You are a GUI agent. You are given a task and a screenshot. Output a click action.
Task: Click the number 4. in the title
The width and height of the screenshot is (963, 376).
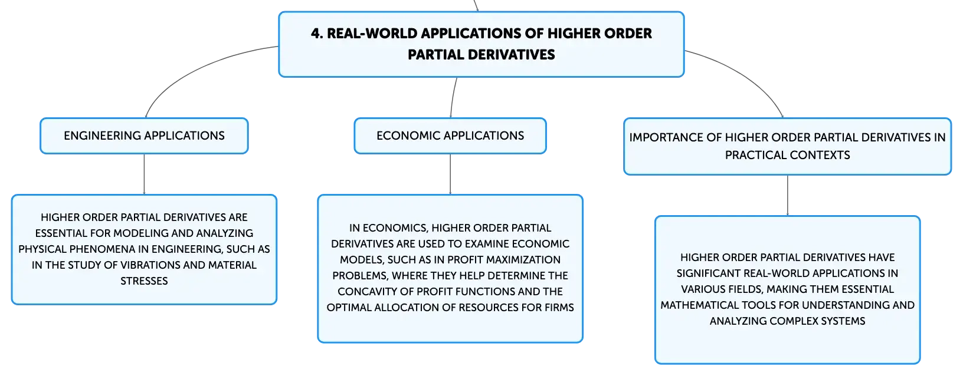(317, 34)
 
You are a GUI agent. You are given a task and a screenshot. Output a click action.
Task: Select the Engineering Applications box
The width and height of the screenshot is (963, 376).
(144, 136)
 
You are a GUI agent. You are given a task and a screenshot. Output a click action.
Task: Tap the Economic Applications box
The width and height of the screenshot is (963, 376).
(450, 136)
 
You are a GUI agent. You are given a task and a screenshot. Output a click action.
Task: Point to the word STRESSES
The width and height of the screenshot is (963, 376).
(144, 281)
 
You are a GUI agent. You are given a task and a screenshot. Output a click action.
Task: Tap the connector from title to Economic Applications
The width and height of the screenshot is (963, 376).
(453, 97)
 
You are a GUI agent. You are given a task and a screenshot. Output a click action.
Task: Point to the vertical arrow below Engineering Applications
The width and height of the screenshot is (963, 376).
(144, 174)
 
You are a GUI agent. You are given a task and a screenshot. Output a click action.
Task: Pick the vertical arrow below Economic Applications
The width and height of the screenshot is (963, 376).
(450, 174)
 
